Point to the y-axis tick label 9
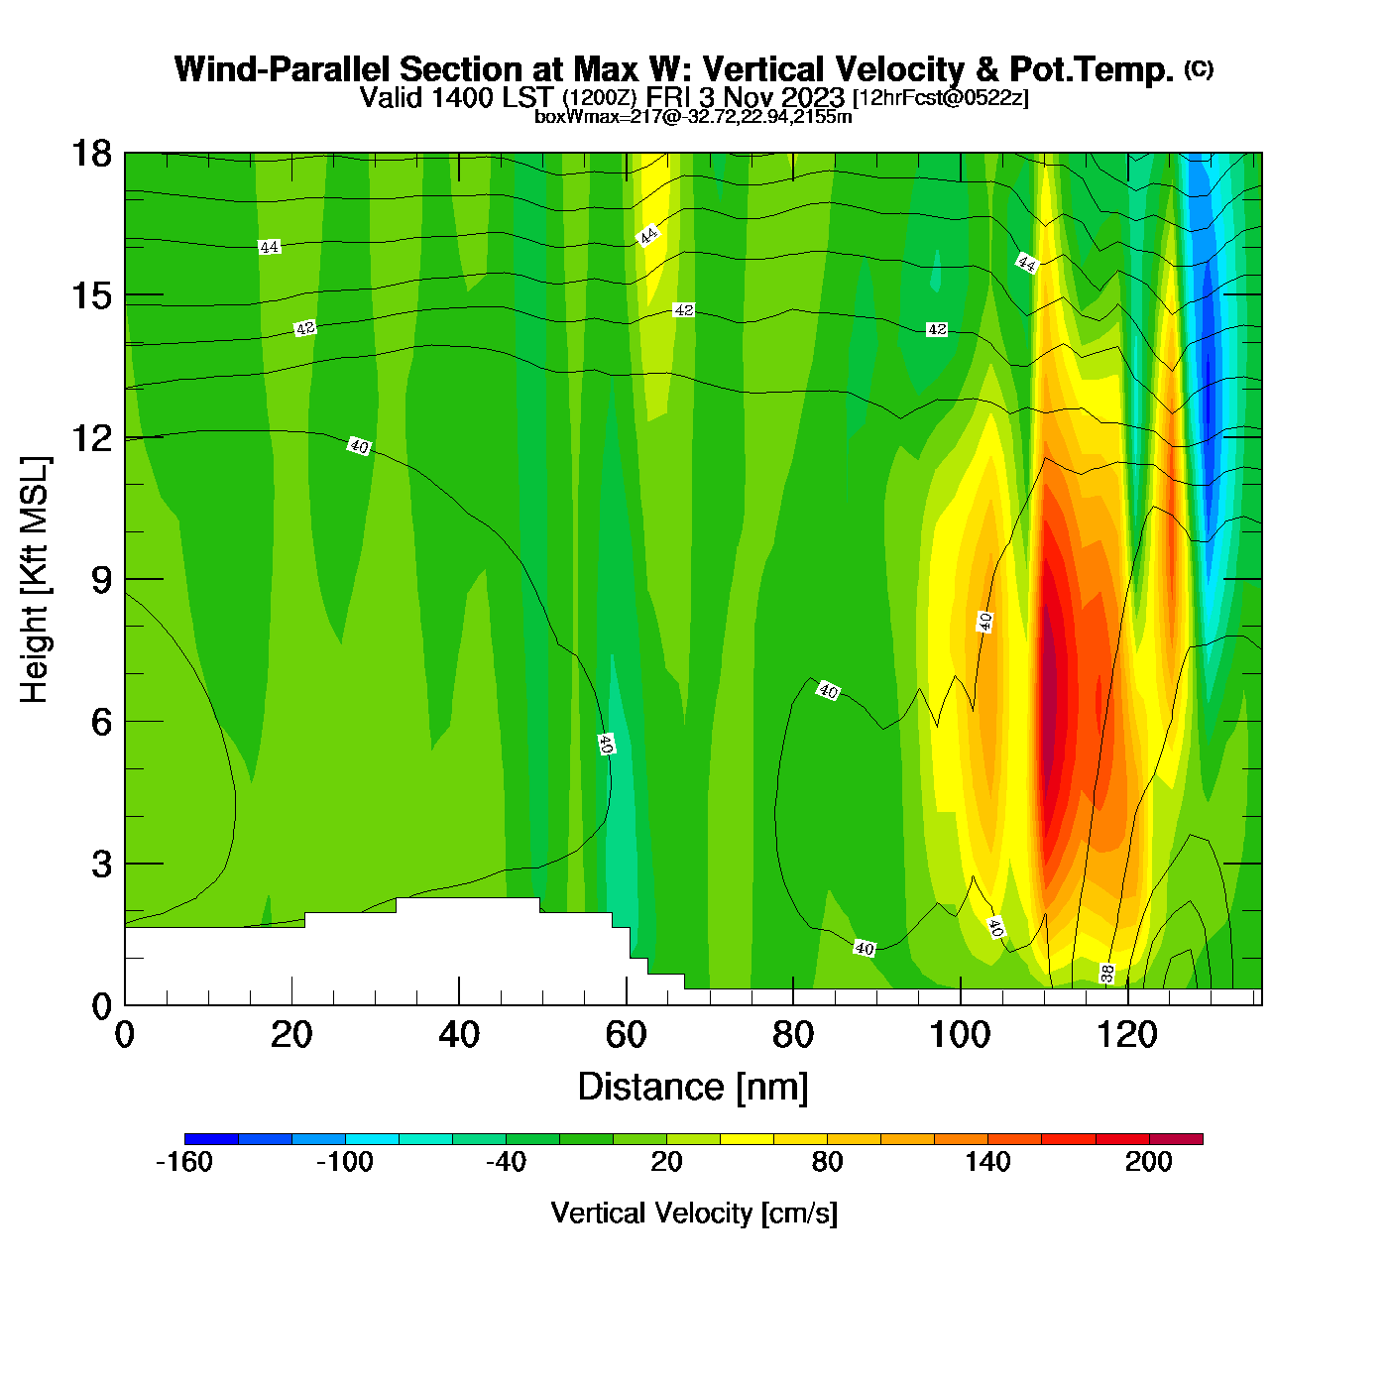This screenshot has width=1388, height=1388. coord(101,580)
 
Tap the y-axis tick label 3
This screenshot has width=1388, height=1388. coord(101,865)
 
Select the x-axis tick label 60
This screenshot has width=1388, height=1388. coord(626,1036)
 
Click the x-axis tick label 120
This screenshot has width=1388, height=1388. coord(1127,1036)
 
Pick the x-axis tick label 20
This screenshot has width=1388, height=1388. coord(291,1036)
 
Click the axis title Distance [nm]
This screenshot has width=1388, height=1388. coord(693,1088)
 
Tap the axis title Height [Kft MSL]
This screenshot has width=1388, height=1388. coord(35,580)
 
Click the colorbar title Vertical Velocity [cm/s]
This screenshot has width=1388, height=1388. coord(694,1214)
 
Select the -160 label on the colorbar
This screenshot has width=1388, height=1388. coord(184,1162)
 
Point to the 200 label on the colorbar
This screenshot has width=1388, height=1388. coord(1149,1162)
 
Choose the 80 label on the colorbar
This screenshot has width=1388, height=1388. coord(827,1162)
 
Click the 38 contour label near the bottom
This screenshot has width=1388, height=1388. coord(1107,974)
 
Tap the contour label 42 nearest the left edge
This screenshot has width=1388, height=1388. coord(305,328)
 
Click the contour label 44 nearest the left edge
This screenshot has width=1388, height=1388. coord(269,247)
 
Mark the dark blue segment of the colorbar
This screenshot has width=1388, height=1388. coord(211,1139)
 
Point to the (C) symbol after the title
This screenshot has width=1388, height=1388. coord(1199,68)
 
